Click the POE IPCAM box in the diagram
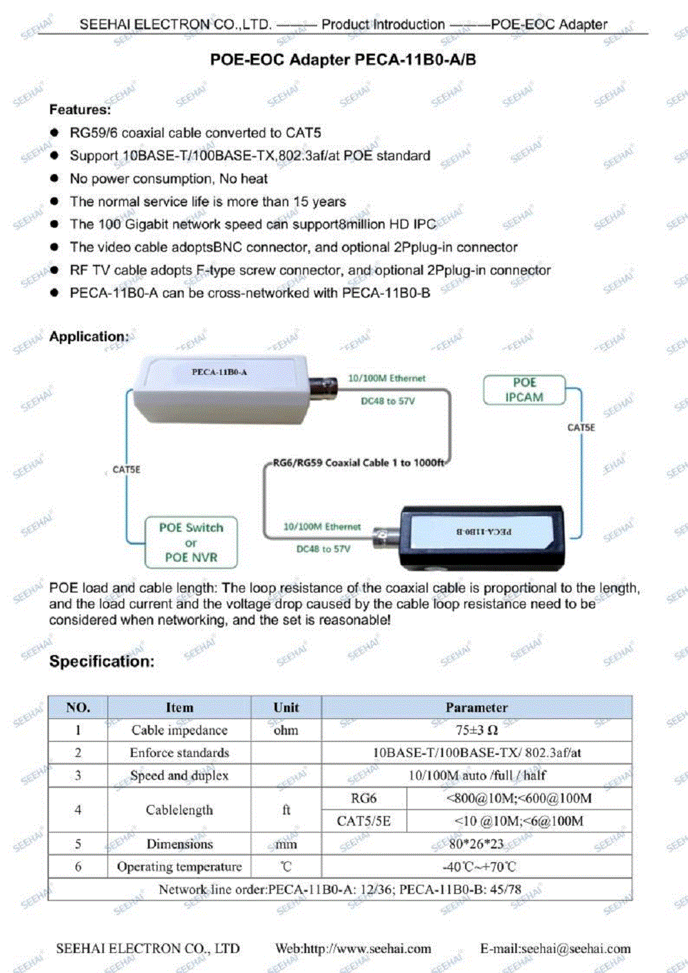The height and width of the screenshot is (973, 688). (x=524, y=390)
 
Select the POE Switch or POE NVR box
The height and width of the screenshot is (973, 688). (x=191, y=542)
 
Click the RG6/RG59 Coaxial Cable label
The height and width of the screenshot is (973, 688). (x=358, y=463)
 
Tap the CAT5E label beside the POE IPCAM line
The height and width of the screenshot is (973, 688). (x=581, y=427)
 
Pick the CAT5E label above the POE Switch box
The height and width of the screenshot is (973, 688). (x=127, y=469)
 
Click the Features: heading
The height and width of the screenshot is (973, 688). (x=80, y=109)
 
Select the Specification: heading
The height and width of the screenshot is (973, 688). (x=102, y=661)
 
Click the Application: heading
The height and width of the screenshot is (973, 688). (x=89, y=336)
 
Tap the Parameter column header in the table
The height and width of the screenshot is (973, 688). (x=476, y=707)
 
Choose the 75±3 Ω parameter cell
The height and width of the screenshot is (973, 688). (x=476, y=730)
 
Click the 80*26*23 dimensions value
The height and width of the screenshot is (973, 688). (x=476, y=844)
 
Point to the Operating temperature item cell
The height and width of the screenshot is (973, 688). (x=179, y=866)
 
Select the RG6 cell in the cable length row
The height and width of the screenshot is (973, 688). (x=363, y=798)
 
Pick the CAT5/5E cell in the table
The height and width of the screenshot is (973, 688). (x=363, y=821)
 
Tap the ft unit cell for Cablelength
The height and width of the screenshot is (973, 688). (x=286, y=810)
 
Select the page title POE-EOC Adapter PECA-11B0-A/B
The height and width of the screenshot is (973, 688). (x=343, y=60)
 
